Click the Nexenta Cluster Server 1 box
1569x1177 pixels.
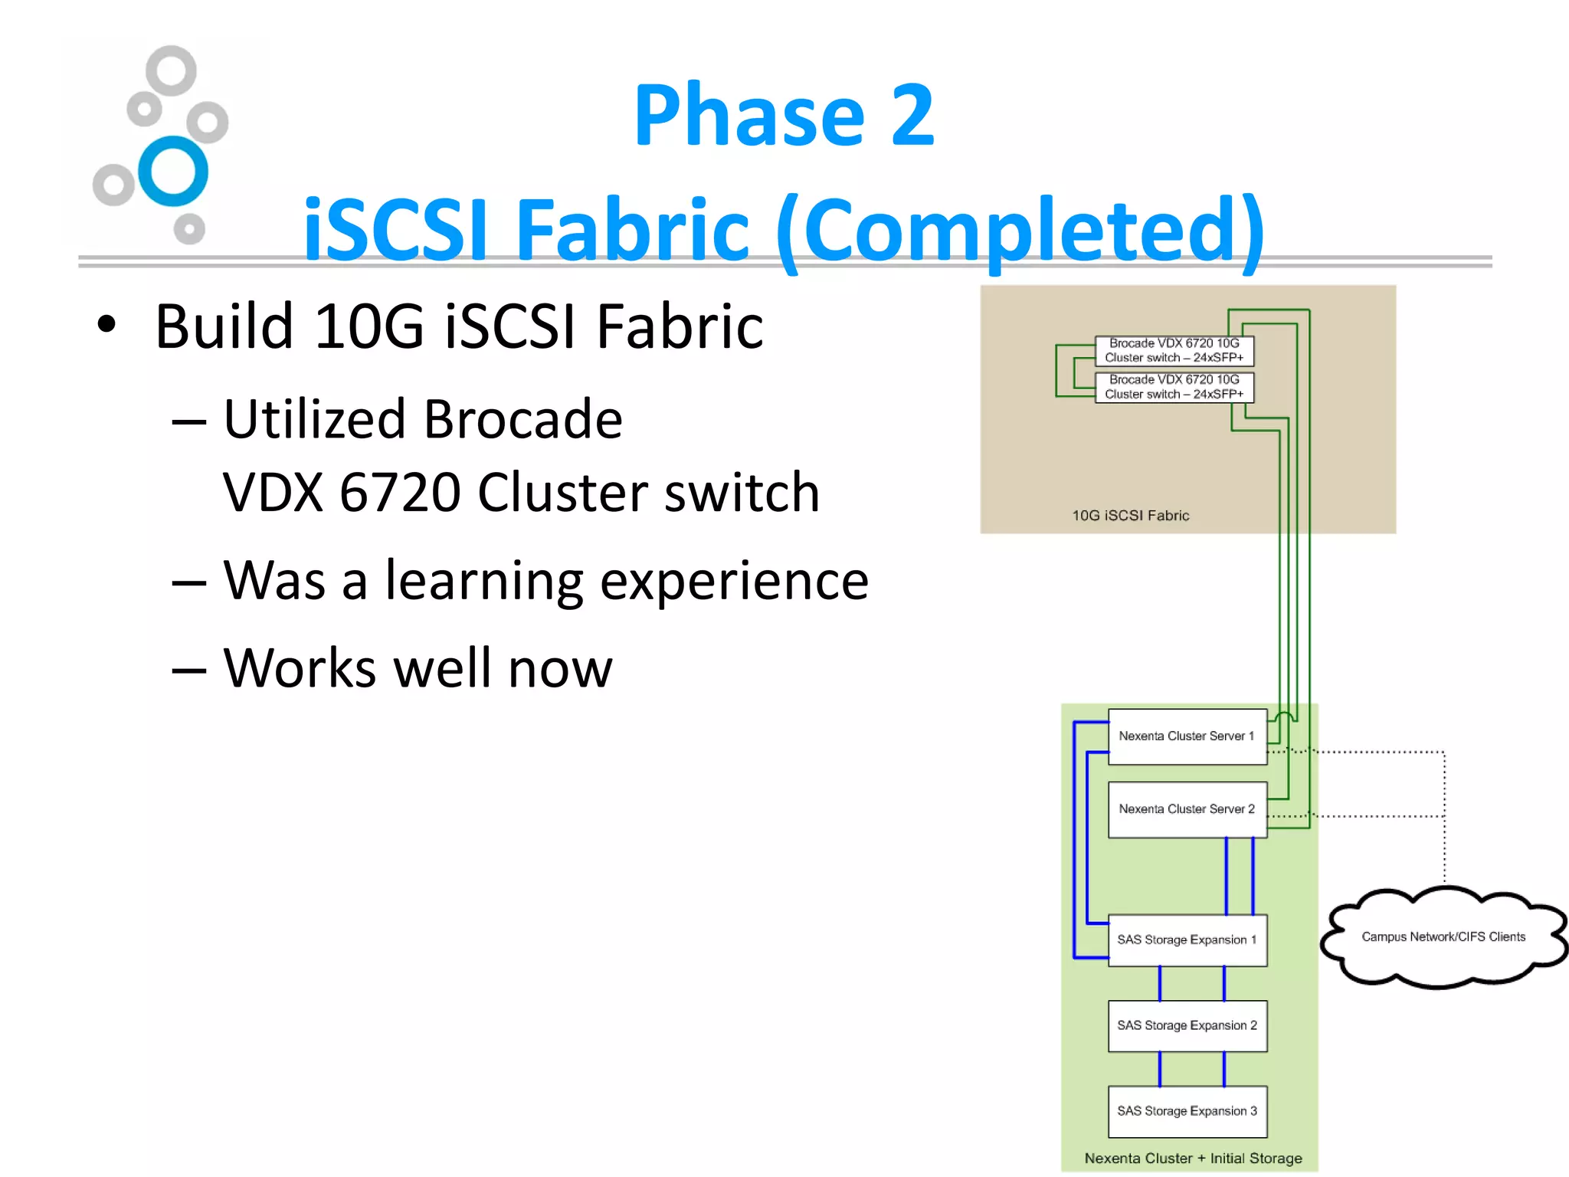click(x=1187, y=736)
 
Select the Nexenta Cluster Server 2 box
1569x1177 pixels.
click(x=1187, y=809)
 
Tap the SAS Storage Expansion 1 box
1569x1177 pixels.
click(x=1187, y=939)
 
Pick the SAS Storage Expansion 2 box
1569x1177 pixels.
click(x=1187, y=1025)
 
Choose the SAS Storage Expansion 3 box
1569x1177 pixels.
click(x=1187, y=1111)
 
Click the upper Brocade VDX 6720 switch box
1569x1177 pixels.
click(x=1174, y=351)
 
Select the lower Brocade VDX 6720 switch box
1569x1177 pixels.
click(x=1174, y=387)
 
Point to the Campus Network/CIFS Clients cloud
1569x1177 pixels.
click(x=1443, y=937)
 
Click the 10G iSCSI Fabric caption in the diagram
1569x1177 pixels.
click(x=1130, y=516)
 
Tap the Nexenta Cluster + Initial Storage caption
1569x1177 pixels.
click(x=1193, y=1159)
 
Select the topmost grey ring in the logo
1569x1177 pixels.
click(x=171, y=70)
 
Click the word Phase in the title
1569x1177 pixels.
click(x=748, y=116)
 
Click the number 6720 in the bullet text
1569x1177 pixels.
click(x=399, y=492)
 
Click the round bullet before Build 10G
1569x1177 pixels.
click(x=106, y=325)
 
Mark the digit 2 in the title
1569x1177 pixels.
click(x=912, y=116)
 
